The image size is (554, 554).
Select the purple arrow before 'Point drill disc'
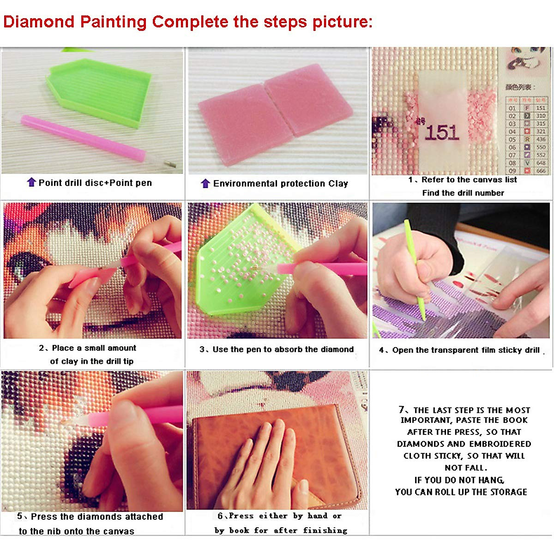(x=31, y=182)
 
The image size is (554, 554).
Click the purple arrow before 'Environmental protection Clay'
(x=205, y=183)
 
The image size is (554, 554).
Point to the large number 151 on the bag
(x=442, y=133)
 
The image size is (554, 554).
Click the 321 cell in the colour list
(x=541, y=132)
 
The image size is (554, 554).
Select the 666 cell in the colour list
(x=541, y=171)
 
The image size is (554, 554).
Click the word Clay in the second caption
(x=338, y=183)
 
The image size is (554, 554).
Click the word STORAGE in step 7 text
(x=508, y=492)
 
